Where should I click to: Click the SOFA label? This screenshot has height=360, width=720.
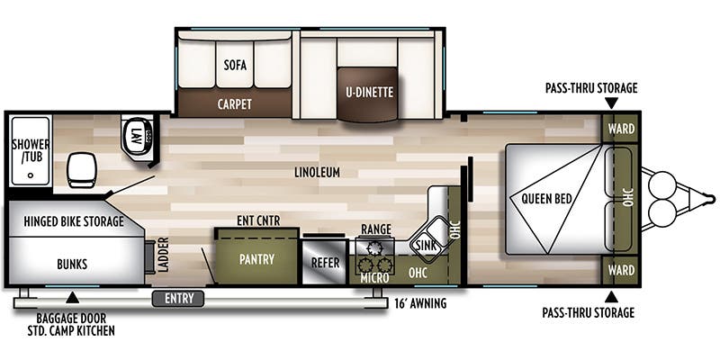(235, 66)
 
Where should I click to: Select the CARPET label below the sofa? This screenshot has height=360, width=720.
(234, 103)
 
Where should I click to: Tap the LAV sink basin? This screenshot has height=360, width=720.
(132, 138)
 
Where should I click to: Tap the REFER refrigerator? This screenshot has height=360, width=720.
(324, 263)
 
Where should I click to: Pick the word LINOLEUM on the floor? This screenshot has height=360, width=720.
(315, 173)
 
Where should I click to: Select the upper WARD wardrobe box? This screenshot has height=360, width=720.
(621, 129)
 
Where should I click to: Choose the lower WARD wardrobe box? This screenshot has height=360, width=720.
(621, 268)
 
